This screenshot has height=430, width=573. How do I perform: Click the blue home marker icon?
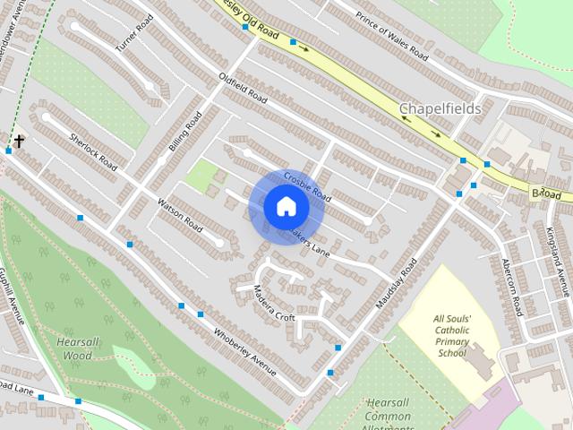point(286,207)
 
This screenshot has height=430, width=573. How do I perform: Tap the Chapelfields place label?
point(440,109)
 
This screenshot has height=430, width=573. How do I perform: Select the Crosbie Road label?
point(307,186)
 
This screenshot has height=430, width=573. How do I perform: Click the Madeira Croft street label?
point(273,304)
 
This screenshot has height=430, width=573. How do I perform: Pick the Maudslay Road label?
point(397,285)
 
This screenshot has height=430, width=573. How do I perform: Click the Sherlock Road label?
point(93,152)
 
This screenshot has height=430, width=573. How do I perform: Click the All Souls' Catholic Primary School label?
point(452,335)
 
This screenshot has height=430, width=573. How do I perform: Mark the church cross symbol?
point(18,141)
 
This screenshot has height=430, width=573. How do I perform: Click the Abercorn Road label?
point(511,287)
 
